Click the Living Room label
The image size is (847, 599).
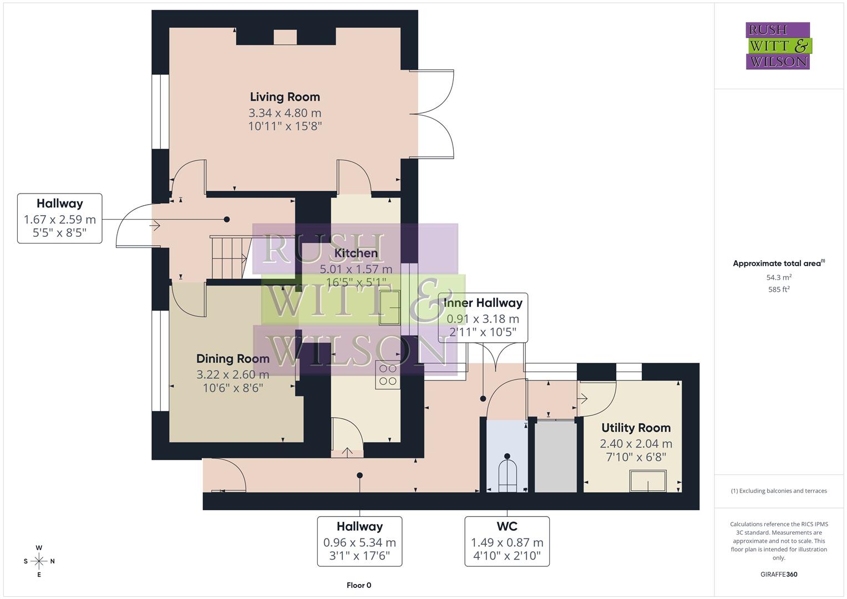pos(285,97)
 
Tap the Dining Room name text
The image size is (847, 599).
pos(233,358)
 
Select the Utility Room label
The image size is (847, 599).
pos(636,428)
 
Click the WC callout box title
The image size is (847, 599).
pos(507,526)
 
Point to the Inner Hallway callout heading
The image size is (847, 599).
pos(483,303)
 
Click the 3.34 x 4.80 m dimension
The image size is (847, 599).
pos(285,113)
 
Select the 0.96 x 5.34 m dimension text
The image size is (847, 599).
pos(359,542)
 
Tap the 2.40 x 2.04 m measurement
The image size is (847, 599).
pos(636,444)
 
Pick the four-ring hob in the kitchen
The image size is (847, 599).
pos(388,374)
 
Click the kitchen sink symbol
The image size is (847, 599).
pos(390,308)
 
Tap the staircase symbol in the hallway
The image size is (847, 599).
pos(228,257)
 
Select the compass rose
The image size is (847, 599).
pos(39,561)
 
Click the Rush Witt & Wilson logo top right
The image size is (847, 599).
pos(778,45)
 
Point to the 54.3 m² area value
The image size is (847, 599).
pos(778,277)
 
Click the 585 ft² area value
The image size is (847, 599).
pos(778,290)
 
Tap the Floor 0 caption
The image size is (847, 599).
pos(359,585)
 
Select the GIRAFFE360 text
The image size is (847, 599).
pos(778,574)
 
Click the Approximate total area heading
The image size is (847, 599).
pos(778,263)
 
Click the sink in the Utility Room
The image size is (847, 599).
pos(648,480)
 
